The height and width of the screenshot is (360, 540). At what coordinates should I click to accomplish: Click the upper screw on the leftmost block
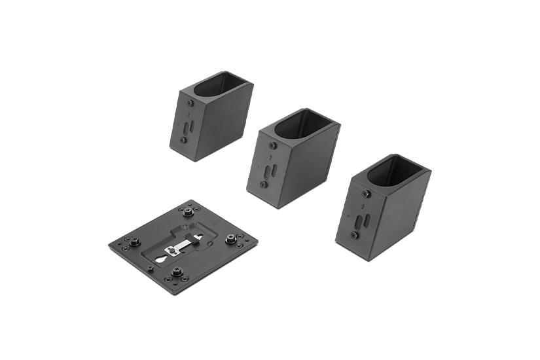[x=190, y=103]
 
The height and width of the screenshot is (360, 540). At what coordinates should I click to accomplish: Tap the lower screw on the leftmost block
[x=183, y=139]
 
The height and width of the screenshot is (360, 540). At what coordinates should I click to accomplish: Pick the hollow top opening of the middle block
[x=304, y=124]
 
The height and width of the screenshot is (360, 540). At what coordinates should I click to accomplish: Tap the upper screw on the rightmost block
[x=365, y=194]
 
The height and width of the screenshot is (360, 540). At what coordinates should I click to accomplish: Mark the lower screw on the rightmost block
[x=354, y=234]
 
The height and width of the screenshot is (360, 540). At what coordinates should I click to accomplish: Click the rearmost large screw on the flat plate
[x=190, y=211]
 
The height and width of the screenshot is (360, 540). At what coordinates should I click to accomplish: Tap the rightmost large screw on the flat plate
[x=231, y=239]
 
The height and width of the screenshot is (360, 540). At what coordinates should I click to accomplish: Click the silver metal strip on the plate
[x=179, y=247]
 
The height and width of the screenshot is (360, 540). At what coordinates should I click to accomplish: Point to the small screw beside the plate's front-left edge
[x=151, y=268]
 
